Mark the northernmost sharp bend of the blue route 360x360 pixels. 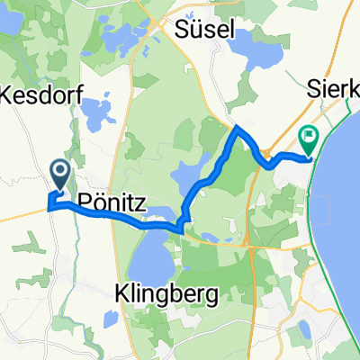237,128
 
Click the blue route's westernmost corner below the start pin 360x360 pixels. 48,207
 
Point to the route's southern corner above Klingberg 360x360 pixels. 184,229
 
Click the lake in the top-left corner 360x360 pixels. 13,36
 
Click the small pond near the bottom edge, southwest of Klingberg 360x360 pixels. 109,319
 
